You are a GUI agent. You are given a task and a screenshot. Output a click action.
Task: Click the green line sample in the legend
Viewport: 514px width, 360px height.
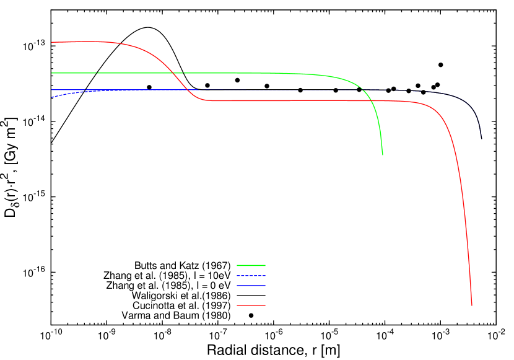tap(251, 265)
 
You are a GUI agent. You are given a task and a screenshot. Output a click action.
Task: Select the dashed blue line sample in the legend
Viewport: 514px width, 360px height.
tap(251, 276)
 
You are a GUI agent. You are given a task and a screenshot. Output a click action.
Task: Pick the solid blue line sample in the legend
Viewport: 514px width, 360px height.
tap(251, 286)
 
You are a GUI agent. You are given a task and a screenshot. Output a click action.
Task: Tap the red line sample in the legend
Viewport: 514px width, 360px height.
tap(251, 305)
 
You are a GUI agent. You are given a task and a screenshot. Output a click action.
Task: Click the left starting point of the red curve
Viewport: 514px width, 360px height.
tap(52, 42)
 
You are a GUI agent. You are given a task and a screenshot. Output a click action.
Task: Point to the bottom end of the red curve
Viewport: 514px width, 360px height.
tap(472, 305)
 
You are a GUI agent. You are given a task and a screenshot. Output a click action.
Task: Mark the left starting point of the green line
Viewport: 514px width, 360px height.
tap(52, 73)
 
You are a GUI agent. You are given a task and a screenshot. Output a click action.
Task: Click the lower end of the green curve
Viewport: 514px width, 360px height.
tap(383, 154)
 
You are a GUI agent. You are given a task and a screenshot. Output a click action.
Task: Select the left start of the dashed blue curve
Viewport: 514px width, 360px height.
tap(52, 97)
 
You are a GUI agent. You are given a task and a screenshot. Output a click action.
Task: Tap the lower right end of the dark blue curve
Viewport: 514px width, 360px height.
tap(481, 138)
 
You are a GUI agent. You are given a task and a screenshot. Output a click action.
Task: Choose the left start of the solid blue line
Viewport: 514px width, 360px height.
tap(52, 90)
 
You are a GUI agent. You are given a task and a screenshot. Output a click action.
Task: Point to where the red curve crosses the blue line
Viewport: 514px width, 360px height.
tap(188, 90)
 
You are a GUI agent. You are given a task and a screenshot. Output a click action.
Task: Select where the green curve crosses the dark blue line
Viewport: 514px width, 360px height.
tap(363, 90)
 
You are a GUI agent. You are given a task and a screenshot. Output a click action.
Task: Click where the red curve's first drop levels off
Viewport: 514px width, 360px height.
tap(207, 100)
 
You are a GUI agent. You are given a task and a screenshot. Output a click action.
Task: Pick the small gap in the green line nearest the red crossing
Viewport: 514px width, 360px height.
tap(183, 73)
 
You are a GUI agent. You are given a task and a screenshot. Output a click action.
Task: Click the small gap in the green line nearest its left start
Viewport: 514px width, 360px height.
tap(97, 73)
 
